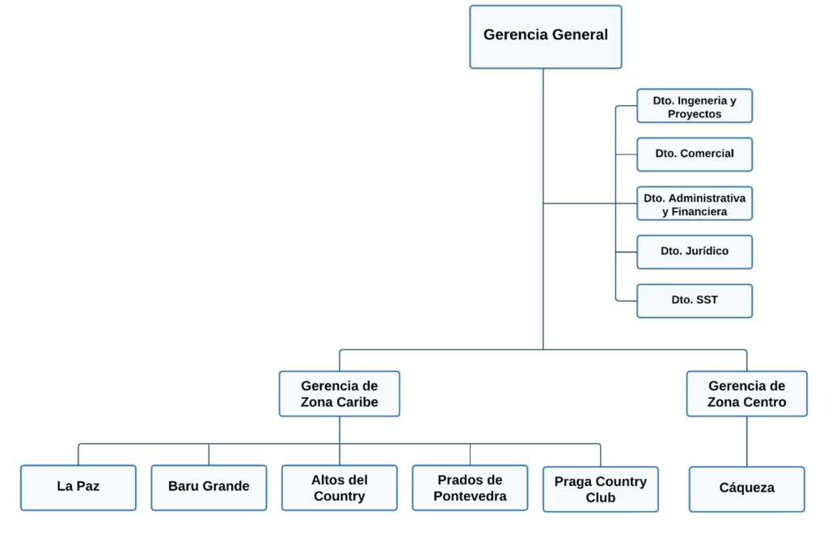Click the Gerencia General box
pyautogui.click(x=546, y=36)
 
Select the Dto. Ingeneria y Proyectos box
pyautogui.click(x=695, y=106)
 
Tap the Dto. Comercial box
pyautogui.click(x=695, y=154)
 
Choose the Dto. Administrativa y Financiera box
pyautogui.click(x=695, y=203)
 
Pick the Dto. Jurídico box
pyautogui.click(x=695, y=252)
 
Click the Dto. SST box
pyautogui.click(x=695, y=300)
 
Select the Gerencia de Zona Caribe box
pyautogui.click(x=340, y=394)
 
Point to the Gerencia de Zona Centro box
pyautogui.click(x=746, y=394)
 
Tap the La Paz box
pyautogui.click(x=78, y=487)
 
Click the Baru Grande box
pyautogui.click(x=209, y=487)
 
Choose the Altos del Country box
pyautogui.click(x=340, y=488)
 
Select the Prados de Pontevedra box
pyautogui.click(x=470, y=488)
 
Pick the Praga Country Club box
pyautogui.click(x=600, y=489)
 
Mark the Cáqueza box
pyautogui.click(x=746, y=489)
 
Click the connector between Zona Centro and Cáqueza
pyautogui.click(x=746, y=442)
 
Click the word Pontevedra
pyautogui.click(x=470, y=496)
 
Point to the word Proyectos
pyautogui.click(x=695, y=114)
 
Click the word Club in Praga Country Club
pyautogui.click(x=600, y=497)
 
